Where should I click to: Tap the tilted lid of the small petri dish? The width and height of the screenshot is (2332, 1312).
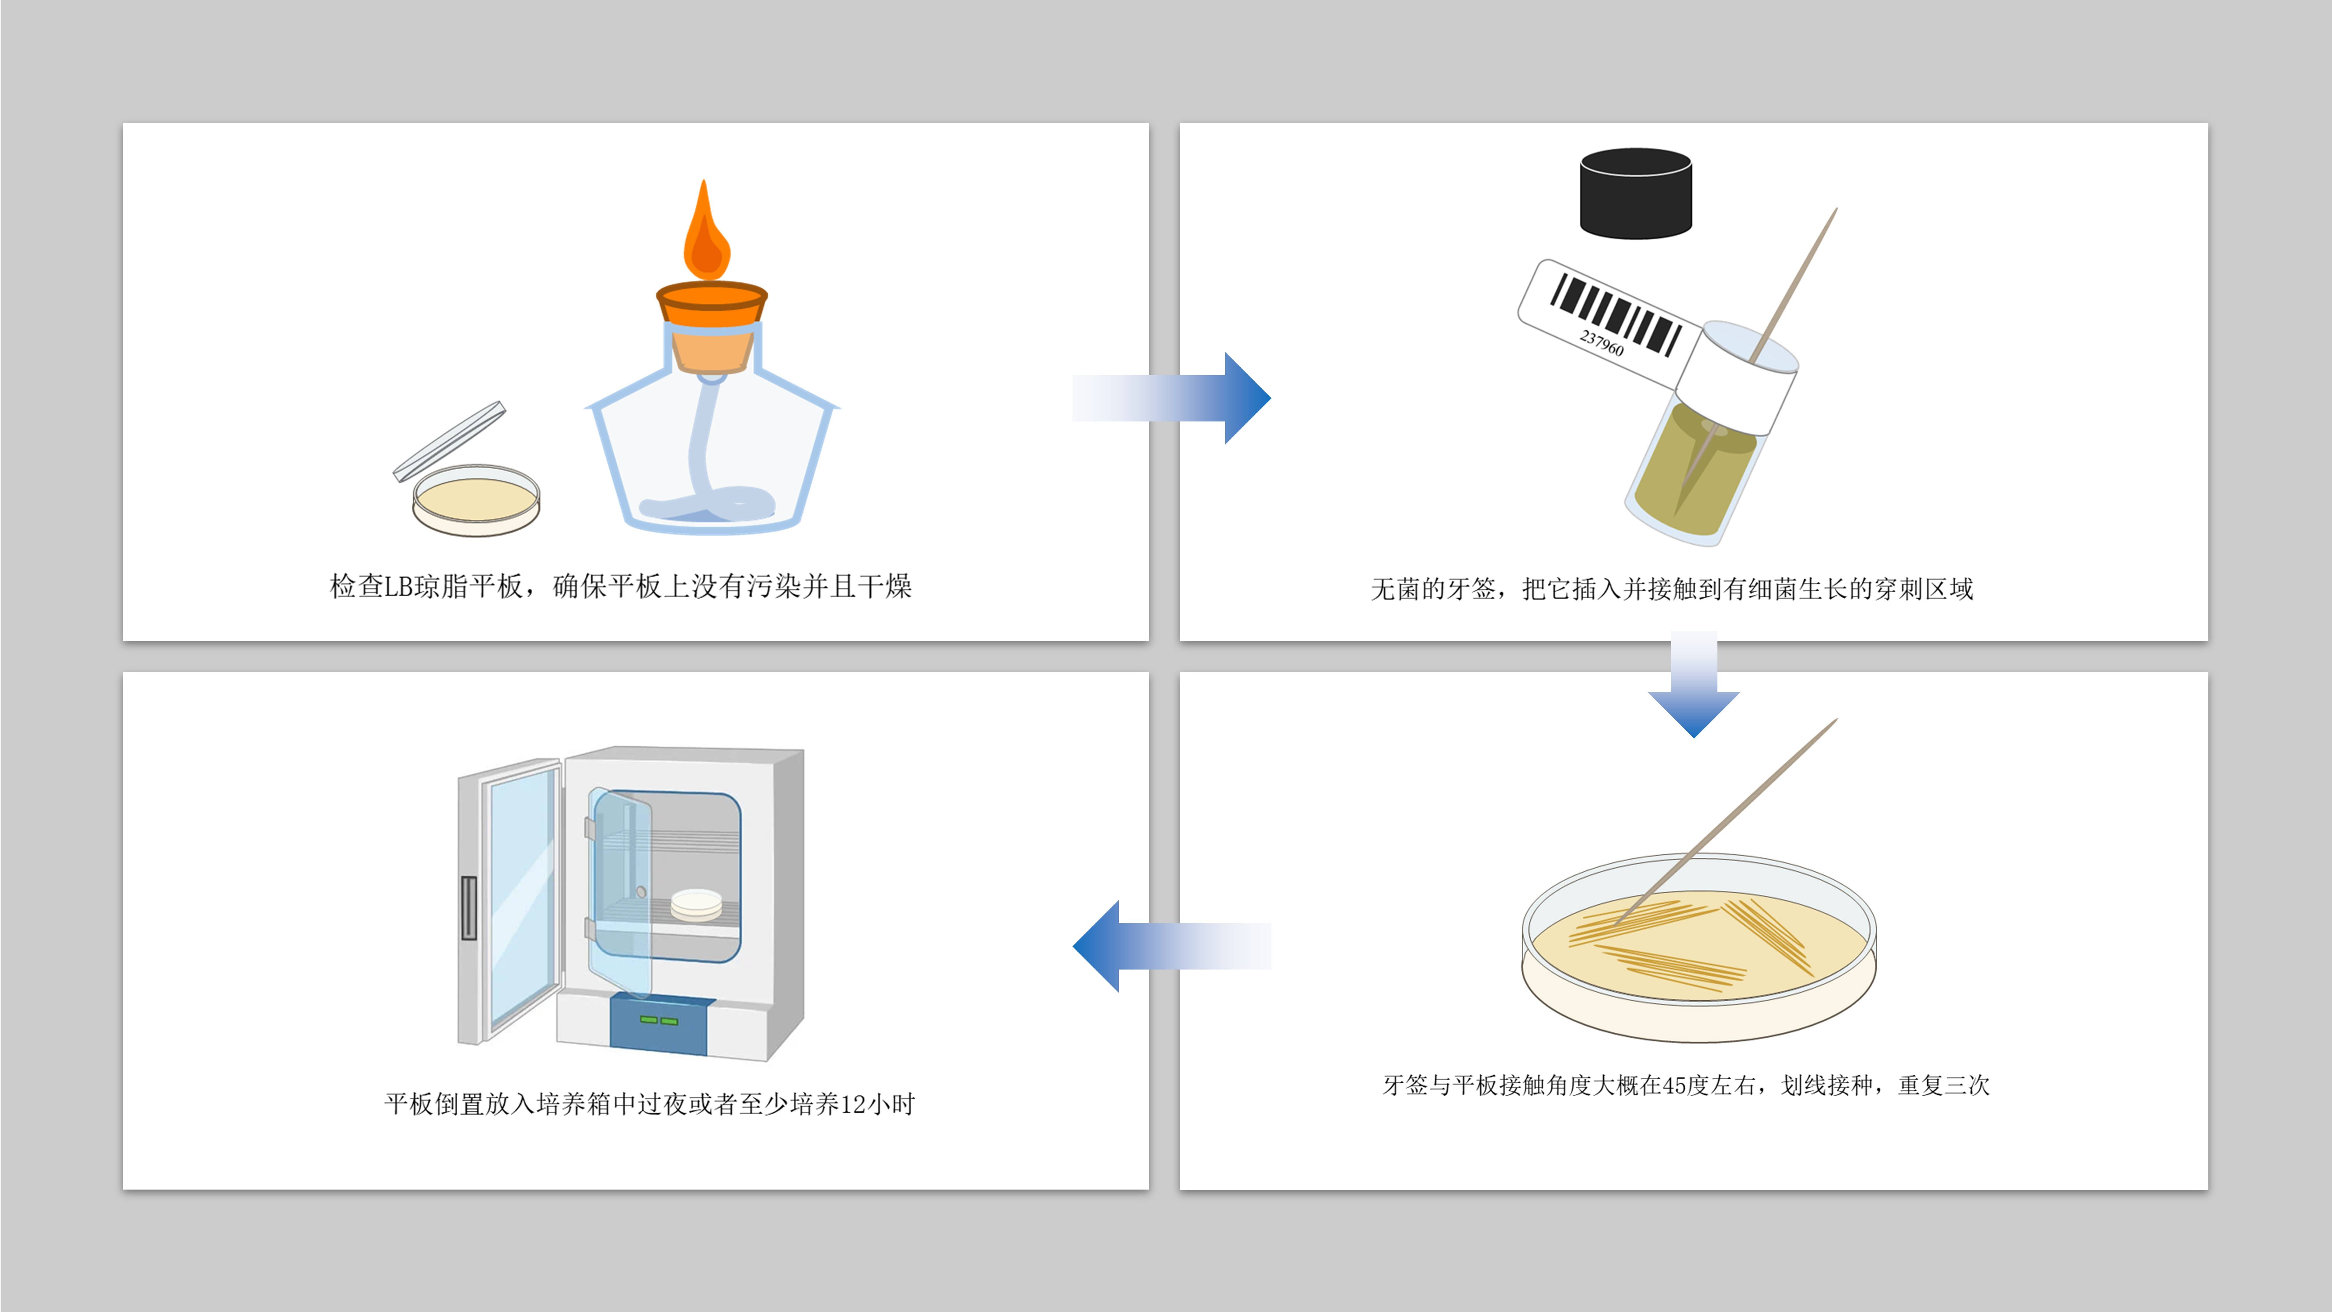click(450, 441)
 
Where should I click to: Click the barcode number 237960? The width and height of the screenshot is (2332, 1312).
click(1602, 342)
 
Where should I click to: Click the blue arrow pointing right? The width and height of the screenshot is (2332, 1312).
click(1177, 398)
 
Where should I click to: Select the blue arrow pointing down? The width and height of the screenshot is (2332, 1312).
click(1694, 688)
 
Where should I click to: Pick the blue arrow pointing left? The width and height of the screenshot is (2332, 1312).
click(1168, 946)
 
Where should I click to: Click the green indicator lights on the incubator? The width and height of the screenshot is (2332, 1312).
click(659, 1020)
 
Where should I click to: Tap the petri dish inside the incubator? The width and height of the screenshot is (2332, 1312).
click(696, 904)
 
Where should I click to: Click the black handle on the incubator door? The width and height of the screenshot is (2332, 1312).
click(468, 907)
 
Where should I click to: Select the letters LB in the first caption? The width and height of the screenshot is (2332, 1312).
click(399, 587)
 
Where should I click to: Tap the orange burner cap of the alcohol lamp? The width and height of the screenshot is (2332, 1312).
click(712, 304)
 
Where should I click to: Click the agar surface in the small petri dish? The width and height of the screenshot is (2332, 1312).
click(475, 500)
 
